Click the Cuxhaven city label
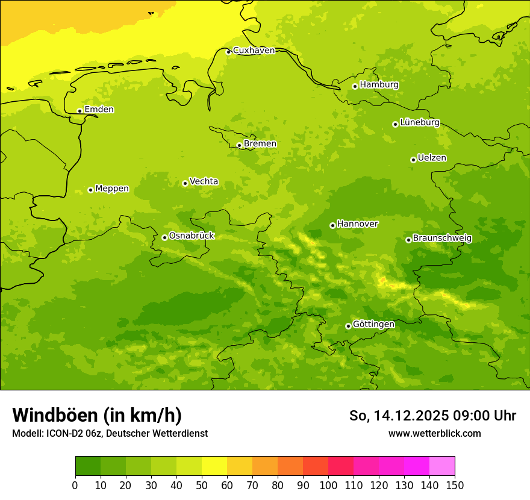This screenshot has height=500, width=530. tap(254, 51)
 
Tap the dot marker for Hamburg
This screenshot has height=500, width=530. tap(355, 86)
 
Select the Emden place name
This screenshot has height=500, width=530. tap(99, 110)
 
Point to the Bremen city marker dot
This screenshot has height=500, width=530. tap(239, 145)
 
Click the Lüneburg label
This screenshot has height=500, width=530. tap(420, 122)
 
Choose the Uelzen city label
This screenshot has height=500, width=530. tap(432, 158)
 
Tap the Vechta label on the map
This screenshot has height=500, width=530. tap(204, 181)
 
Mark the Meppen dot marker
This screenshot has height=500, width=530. tap(90, 190)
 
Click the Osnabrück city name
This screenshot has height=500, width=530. tap(192, 236)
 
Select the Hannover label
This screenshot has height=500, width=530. tap(357, 224)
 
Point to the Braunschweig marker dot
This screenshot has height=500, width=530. tap(408, 240)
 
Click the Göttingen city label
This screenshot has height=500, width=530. tap(373, 324)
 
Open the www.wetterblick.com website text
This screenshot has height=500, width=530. tap(434, 433)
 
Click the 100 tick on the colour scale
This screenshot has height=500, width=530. tap(328, 485)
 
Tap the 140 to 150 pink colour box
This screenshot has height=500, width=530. tap(442, 466)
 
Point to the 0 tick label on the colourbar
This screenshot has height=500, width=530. tap(75, 485)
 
